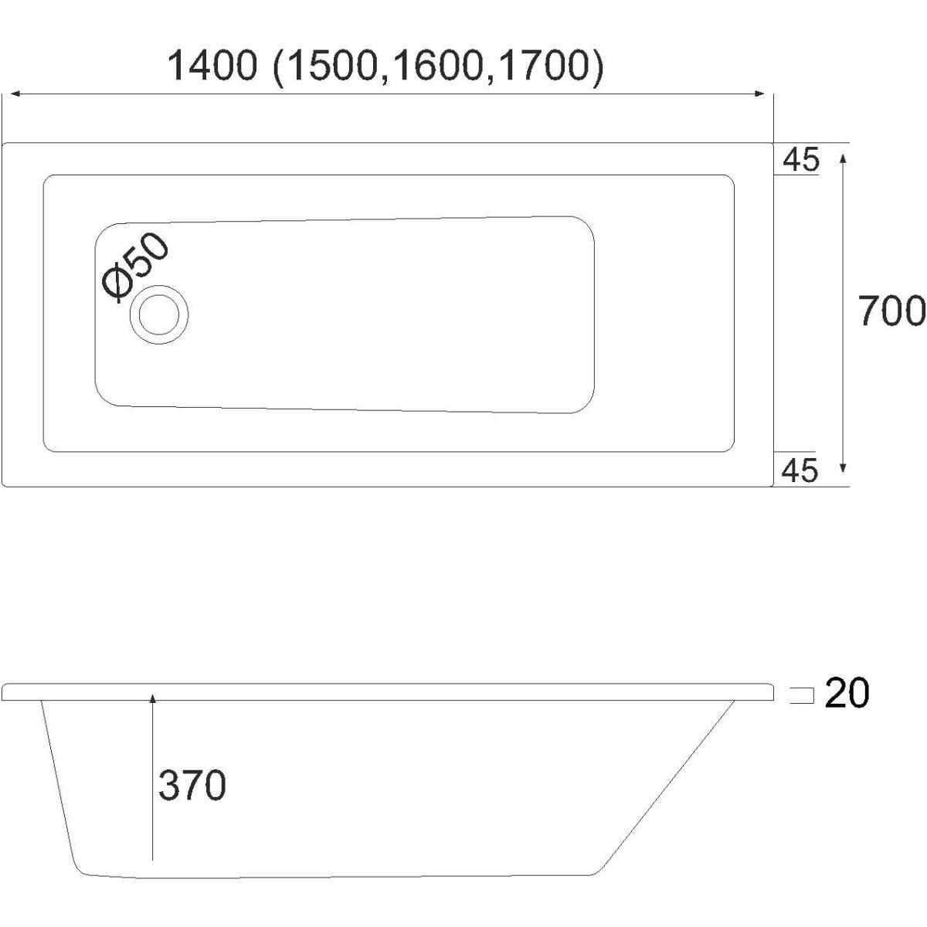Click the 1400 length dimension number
click(x=212, y=66)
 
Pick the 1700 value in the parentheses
click(x=544, y=66)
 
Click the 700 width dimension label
click(x=891, y=311)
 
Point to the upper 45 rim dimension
click(x=800, y=160)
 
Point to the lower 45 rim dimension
click(x=800, y=470)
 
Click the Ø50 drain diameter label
click(x=136, y=267)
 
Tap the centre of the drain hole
click(x=159, y=314)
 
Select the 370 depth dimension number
click(x=192, y=785)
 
